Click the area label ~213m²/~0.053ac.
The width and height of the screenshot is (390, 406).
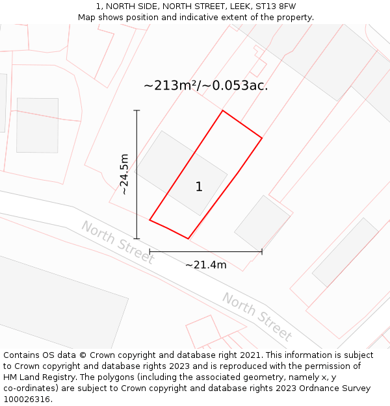[x=205, y=85]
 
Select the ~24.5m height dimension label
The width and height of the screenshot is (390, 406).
[x=124, y=174]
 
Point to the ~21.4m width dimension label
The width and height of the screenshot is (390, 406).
[x=205, y=264]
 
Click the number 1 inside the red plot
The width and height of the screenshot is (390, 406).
[x=199, y=187]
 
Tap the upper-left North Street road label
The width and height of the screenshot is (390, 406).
[x=118, y=242]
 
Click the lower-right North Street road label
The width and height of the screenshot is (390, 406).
[x=257, y=316]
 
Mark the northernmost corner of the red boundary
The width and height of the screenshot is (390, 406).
[x=223, y=110]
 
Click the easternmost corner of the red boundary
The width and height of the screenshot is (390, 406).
[x=262, y=138]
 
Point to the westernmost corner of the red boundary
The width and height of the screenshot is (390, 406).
[x=149, y=220]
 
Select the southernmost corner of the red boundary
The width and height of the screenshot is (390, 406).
[x=188, y=238]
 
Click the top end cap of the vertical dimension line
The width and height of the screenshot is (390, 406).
[x=136, y=111]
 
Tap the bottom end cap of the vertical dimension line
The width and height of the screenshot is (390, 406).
[x=136, y=238]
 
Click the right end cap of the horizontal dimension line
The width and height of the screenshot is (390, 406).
[x=262, y=251]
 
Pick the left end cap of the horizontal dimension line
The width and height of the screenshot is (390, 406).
[x=149, y=251]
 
